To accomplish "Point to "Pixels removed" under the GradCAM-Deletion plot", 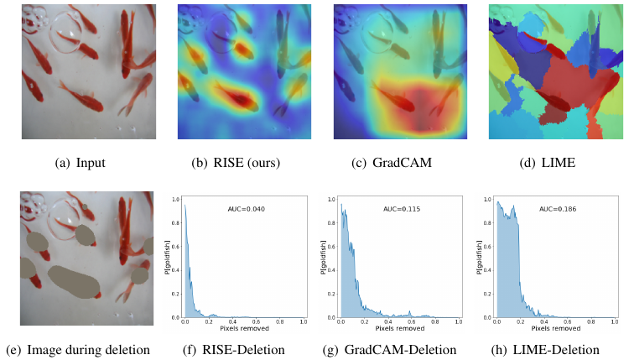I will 399,330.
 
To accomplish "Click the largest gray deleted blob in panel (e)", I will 74,281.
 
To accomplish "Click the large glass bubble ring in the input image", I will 66,38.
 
